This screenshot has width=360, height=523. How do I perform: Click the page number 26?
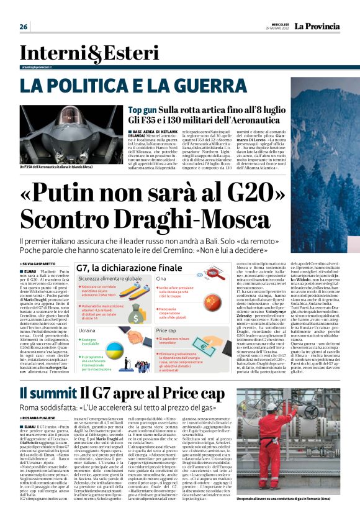point(24,27)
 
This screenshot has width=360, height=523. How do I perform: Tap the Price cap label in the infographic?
point(166,332)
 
